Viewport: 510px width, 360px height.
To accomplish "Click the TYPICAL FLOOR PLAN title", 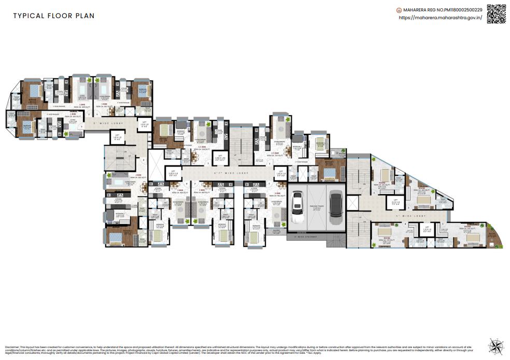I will (53, 16).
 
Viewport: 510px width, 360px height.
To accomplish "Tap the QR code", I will (495, 15).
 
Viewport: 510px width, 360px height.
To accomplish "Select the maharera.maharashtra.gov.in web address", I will (440, 18).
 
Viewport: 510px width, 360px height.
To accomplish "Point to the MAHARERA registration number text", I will (442, 9).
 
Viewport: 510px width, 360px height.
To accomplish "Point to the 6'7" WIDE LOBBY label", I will (233, 172).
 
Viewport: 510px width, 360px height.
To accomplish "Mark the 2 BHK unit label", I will (139, 175).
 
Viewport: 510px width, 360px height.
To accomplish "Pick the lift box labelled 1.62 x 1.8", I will (280, 174).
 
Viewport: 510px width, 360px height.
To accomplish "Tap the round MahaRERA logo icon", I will (399, 9).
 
